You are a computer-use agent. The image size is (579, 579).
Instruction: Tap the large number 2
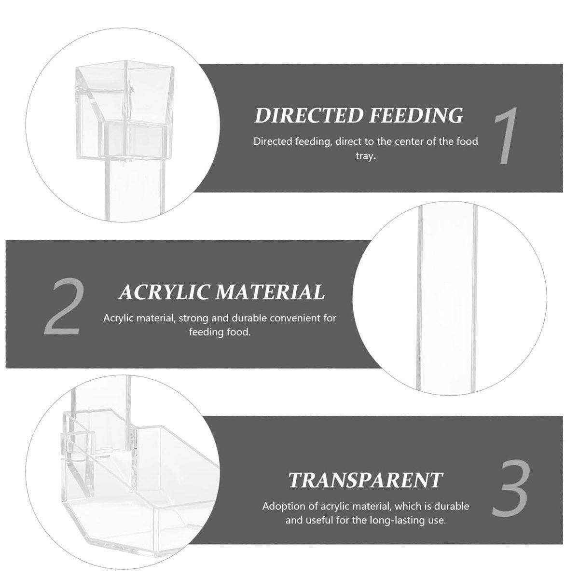click(x=63, y=307)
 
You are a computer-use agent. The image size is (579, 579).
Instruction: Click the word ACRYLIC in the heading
click(x=164, y=292)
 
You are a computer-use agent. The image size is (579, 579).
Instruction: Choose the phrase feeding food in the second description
click(x=220, y=332)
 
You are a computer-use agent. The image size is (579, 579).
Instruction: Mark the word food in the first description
click(x=467, y=141)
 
